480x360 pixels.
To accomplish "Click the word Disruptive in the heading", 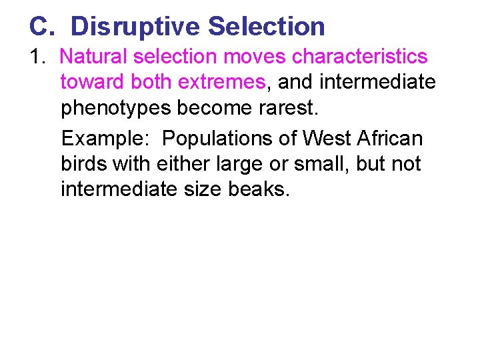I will point(135,27).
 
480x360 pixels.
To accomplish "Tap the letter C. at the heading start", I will point(40,27).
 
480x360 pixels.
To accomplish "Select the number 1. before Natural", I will point(37,57).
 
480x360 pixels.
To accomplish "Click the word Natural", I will point(101,57).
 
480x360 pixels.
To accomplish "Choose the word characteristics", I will point(361,57).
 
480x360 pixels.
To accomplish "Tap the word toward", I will point(93,82).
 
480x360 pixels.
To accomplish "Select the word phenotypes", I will point(116,108).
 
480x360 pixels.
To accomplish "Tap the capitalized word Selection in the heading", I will point(267,27).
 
